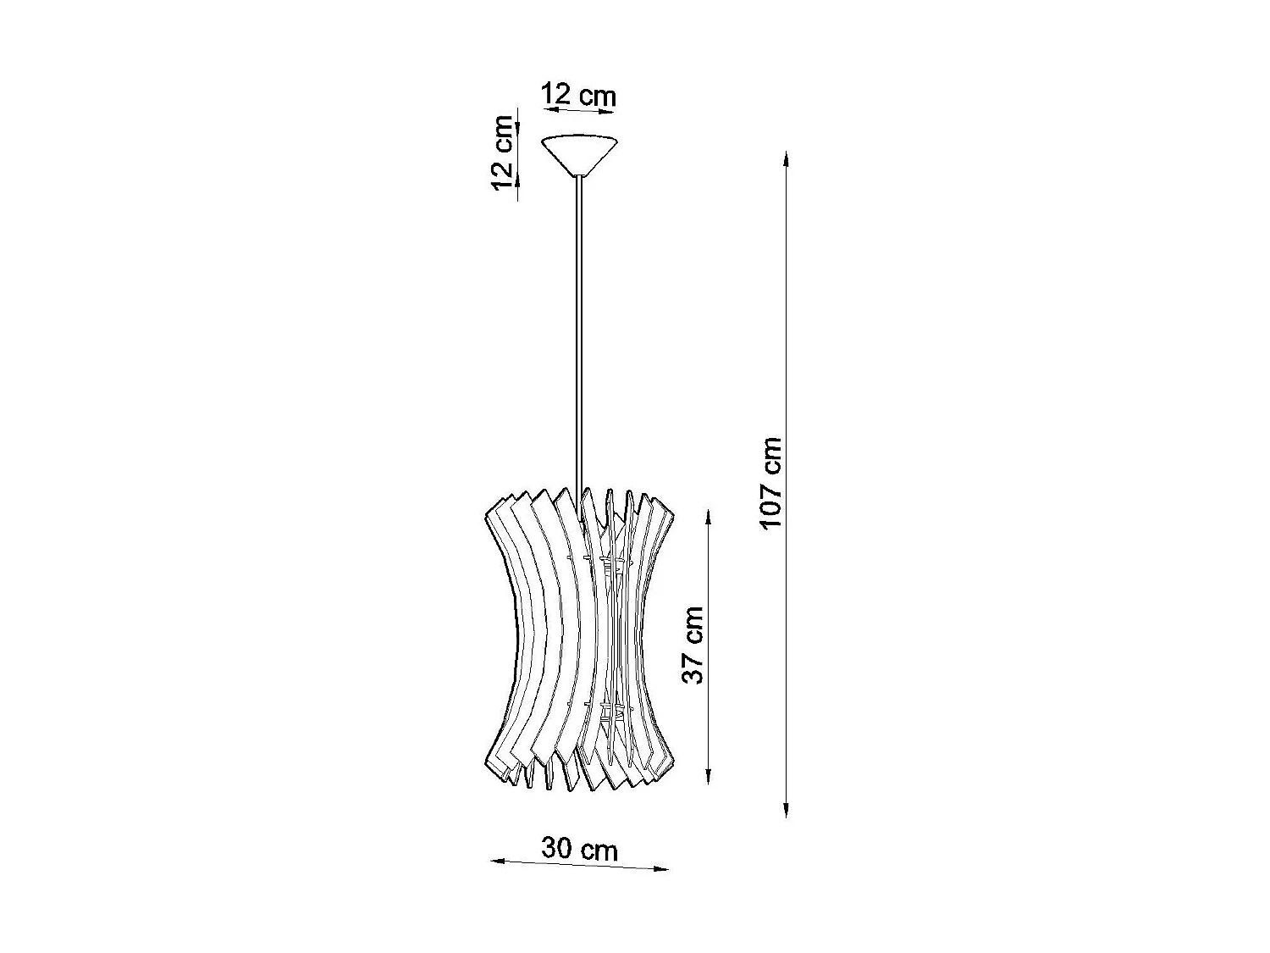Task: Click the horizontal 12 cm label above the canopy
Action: coord(579,95)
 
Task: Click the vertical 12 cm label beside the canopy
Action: coord(503,152)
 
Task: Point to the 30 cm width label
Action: coord(580,849)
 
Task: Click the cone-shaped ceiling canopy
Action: coord(580,152)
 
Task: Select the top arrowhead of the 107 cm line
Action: coord(787,158)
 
